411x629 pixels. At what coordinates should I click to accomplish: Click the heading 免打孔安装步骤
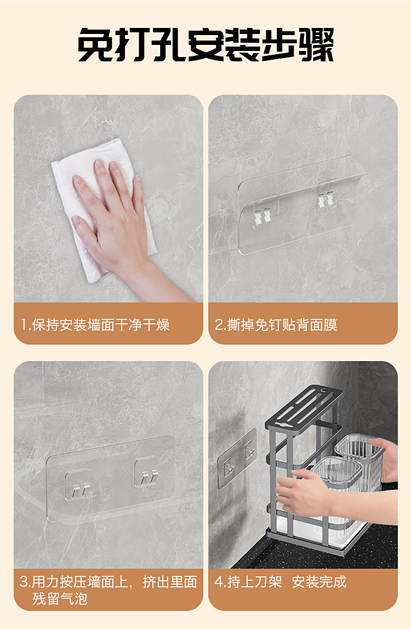(206, 44)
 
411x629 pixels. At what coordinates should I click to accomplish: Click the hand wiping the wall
(121, 225)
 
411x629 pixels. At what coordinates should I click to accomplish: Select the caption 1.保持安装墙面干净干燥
(95, 324)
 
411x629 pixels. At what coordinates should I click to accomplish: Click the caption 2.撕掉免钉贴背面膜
(276, 324)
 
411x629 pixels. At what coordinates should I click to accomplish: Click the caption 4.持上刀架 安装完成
(280, 582)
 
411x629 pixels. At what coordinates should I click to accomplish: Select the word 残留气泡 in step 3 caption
(60, 599)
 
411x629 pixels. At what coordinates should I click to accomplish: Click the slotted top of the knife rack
(304, 406)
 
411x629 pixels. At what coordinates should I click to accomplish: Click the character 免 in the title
(95, 44)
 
